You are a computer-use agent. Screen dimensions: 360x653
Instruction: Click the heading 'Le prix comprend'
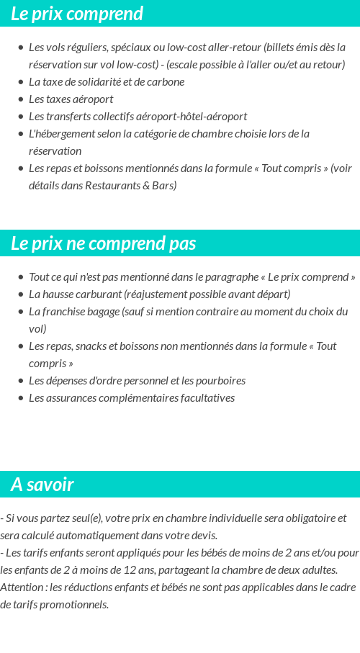click(77, 14)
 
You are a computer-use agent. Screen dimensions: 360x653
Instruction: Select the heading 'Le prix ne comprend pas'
click(103, 243)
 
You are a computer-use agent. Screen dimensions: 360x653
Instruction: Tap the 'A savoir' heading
click(42, 485)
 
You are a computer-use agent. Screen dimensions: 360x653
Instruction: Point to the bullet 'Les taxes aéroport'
click(71, 99)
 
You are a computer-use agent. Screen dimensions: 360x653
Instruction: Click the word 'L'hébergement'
click(60, 133)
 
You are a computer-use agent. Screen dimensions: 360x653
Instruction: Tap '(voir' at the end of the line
click(341, 168)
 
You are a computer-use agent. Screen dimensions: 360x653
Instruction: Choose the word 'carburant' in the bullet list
click(99, 294)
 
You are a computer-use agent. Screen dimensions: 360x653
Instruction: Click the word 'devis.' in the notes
click(202, 535)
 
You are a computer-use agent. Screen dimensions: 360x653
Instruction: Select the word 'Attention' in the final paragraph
click(22, 587)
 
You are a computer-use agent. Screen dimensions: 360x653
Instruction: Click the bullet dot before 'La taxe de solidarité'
click(21, 82)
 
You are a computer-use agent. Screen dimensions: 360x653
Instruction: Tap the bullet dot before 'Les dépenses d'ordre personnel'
click(21, 381)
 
